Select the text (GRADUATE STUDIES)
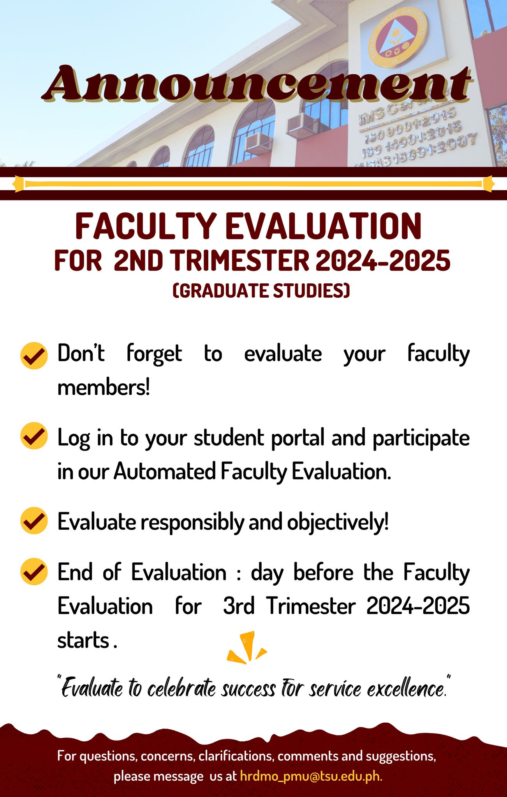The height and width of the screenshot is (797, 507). click(x=261, y=291)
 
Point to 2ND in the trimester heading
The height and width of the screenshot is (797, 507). click(x=138, y=260)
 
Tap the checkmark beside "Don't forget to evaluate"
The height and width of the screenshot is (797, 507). click(x=34, y=355)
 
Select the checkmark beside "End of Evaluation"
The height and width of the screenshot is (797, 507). click(x=34, y=571)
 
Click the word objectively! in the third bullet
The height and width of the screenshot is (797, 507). click(x=338, y=522)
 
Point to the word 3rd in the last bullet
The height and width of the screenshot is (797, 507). click(x=239, y=606)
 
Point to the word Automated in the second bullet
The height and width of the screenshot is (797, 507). click(x=165, y=472)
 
